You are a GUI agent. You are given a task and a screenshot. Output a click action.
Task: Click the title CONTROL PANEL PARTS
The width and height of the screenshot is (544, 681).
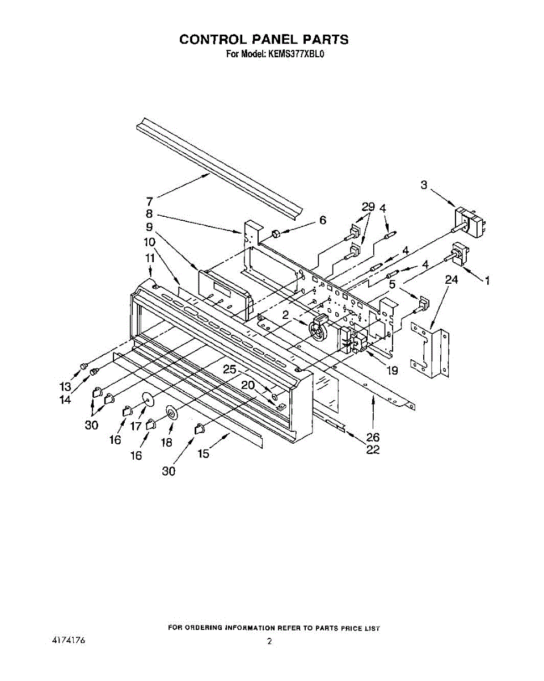click(264, 39)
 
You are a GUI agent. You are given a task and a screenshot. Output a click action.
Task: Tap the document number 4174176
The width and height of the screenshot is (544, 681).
click(68, 640)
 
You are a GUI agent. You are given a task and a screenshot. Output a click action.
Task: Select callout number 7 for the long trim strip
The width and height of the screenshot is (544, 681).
click(149, 201)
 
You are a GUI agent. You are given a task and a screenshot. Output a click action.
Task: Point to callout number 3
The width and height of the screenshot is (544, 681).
click(424, 184)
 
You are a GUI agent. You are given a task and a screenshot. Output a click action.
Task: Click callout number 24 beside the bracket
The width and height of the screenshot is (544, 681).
click(451, 279)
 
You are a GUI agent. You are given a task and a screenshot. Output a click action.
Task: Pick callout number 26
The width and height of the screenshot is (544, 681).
click(373, 438)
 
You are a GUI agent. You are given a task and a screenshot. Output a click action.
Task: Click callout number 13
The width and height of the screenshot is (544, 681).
click(66, 386)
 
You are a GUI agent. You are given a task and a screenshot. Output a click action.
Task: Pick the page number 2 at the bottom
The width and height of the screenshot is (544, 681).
click(269, 641)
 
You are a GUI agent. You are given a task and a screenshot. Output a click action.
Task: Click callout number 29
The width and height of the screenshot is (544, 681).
click(368, 207)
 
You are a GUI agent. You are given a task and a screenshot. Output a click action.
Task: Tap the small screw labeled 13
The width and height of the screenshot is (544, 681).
click(85, 365)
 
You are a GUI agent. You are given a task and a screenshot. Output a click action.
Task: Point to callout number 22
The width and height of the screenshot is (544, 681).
click(373, 450)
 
